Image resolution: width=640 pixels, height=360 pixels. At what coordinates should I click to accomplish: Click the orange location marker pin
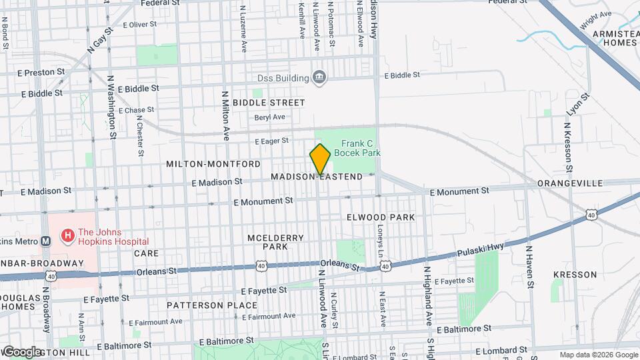tap(320, 159)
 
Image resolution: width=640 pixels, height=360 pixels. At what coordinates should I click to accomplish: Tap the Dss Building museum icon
tap(319, 78)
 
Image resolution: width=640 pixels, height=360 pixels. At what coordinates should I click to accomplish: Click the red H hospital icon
tap(67, 235)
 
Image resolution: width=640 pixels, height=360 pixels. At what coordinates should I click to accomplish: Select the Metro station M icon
tap(45, 241)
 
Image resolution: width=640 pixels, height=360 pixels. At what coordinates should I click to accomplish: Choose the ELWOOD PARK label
tap(381, 217)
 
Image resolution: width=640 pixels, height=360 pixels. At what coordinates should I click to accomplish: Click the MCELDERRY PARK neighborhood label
tap(275, 242)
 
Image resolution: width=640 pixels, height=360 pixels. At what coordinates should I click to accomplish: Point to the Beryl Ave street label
tap(269, 117)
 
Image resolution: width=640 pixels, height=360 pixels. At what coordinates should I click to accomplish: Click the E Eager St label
tap(271, 141)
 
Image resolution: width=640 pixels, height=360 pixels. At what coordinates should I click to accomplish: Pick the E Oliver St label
tap(139, 25)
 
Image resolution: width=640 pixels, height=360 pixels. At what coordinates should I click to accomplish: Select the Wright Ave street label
tap(595, 19)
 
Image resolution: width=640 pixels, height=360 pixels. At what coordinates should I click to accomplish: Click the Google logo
tap(21, 351)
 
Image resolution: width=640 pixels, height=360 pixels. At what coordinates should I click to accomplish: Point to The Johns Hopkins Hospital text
tap(113, 237)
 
